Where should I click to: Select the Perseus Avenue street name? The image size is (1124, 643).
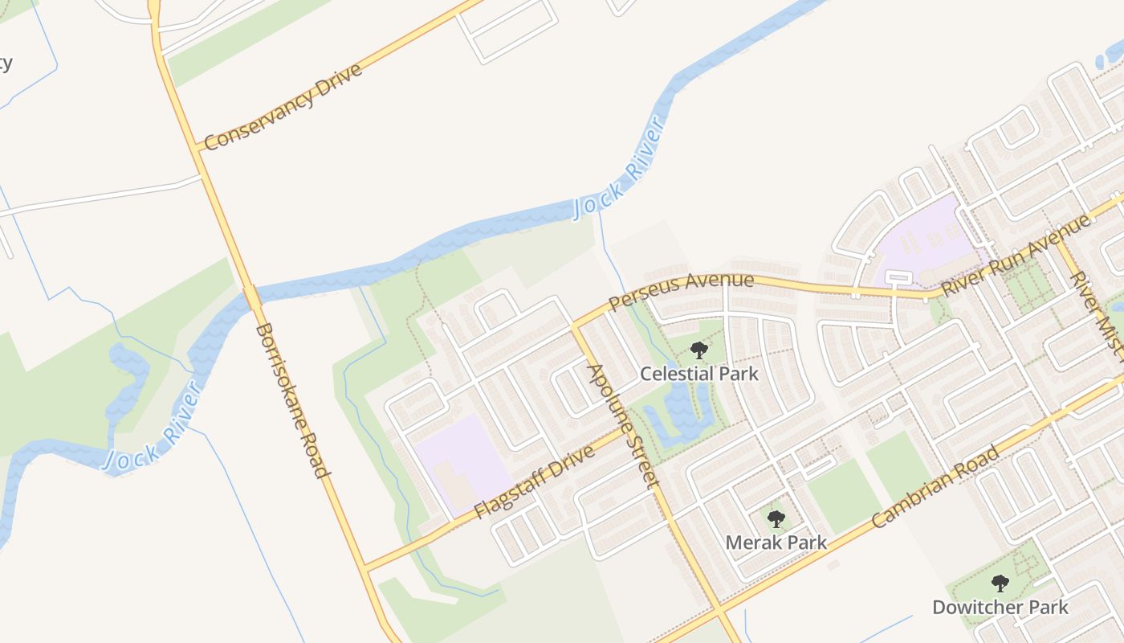[x=682, y=291]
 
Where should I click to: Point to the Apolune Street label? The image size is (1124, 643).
[x=624, y=426]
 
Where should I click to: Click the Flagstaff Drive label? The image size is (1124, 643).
[x=534, y=481]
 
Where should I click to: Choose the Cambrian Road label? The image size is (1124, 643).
[x=935, y=486]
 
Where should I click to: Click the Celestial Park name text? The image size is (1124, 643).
[x=698, y=374]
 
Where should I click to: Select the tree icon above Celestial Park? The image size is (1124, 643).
[x=699, y=350]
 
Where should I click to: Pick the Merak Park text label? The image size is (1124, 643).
[x=776, y=543]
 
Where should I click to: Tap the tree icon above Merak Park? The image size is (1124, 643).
[x=776, y=519]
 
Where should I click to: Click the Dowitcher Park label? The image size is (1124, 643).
[x=1000, y=607]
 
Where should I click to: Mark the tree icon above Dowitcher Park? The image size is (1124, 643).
[x=1000, y=584]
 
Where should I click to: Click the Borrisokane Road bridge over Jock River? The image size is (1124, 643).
[x=252, y=297]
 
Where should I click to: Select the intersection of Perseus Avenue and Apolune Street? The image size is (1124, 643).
[x=575, y=327]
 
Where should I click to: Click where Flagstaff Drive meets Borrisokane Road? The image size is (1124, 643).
[x=363, y=567]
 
